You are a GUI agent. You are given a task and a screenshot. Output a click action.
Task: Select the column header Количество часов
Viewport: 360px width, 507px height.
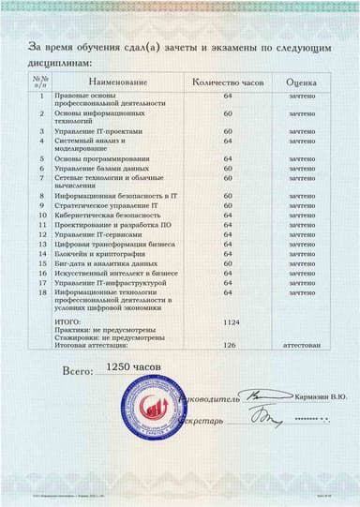pyautogui.click(x=228, y=83)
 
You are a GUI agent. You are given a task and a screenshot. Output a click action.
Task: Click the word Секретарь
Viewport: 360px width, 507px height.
pyautogui.click(x=214, y=422)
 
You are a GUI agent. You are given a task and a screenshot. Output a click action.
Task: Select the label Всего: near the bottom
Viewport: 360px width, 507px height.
pyautogui.click(x=80, y=372)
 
